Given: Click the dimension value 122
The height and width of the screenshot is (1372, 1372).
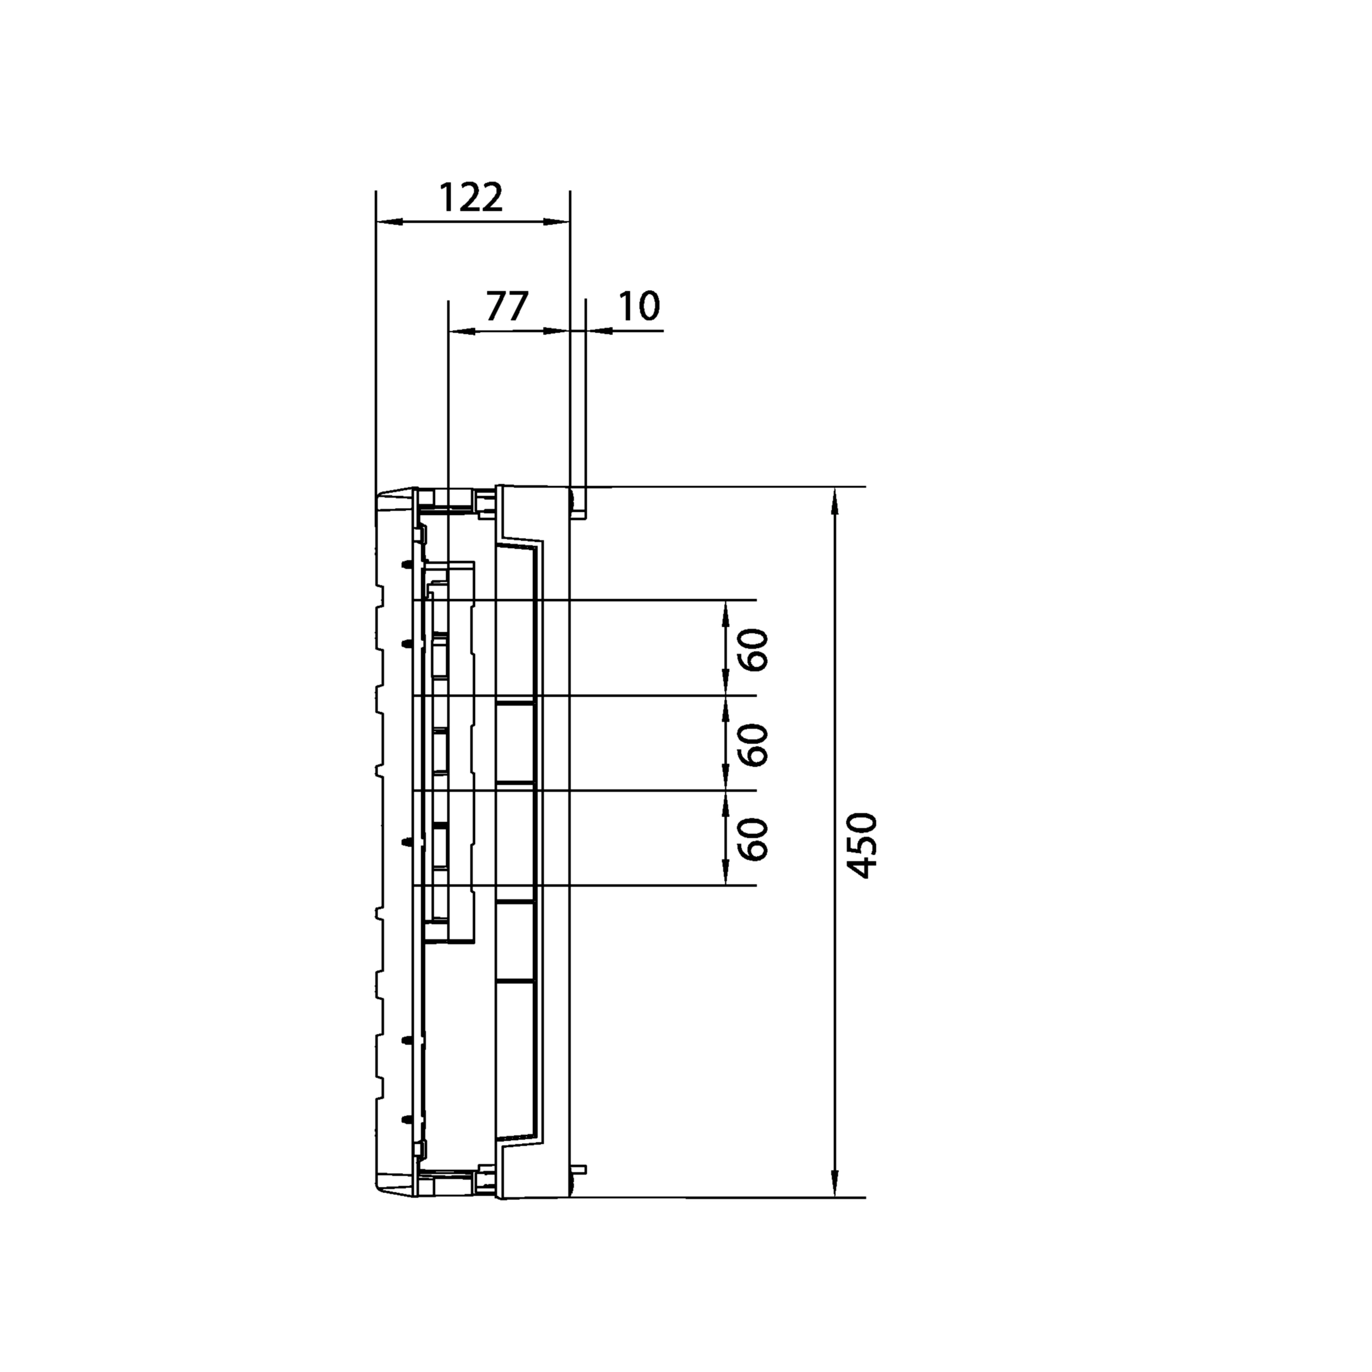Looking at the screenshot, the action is coord(471,198).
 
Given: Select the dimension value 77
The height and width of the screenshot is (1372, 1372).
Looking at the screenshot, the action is coord(507,307).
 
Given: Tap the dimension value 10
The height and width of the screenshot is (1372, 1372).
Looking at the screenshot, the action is coord(639,307).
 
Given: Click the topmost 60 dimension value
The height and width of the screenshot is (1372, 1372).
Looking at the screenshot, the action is coord(754,649).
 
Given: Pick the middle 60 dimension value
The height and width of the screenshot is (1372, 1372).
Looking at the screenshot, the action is coord(754,744).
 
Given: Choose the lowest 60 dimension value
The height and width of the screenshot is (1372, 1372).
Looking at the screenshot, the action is coord(754,838).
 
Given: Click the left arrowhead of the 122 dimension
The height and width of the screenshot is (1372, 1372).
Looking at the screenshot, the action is coord(389,222).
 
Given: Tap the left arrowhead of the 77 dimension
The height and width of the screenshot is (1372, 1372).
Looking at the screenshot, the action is coord(462,330).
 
